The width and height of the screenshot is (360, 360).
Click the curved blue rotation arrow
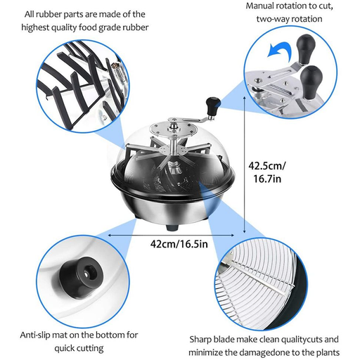(x=279, y=49)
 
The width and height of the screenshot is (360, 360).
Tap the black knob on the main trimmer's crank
(x=213, y=105)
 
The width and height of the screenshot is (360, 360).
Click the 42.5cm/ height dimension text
(x=267, y=166)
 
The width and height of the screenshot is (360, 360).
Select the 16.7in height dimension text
(x=267, y=179)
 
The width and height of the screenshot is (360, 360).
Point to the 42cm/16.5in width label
(x=179, y=244)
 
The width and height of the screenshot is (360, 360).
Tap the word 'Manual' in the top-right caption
(x=259, y=6)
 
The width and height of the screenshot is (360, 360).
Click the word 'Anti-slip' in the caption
(x=35, y=335)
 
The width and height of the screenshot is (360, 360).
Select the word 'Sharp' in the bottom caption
(x=200, y=340)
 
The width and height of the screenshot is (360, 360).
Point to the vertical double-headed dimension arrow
(x=245, y=165)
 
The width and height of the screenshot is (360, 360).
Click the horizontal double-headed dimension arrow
(x=171, y=235)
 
